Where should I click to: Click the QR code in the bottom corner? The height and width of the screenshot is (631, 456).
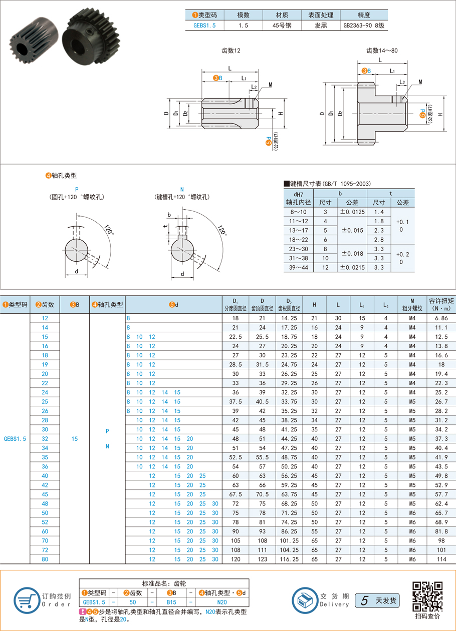[x=427, y=596]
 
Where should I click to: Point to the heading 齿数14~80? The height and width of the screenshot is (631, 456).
[x=382, y=51]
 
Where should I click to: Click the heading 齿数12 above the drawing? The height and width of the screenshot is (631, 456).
[x=231, y=51]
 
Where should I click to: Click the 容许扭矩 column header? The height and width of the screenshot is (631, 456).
[x=441, y=304]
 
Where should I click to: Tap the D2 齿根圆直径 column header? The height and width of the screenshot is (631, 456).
[x=290, y=304]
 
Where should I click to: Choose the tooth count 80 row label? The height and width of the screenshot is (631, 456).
[x=45, y=559]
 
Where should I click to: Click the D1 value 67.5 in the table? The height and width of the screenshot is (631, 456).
[x=236, y=494]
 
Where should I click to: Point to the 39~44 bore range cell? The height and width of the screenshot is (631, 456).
[x=299, y=267]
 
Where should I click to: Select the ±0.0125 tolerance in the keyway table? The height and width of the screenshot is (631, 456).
[x=352, y=212]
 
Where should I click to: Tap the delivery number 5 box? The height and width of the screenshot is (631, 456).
[x=365, y=600]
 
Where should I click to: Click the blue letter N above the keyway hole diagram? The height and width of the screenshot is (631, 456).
[x=181, y=189]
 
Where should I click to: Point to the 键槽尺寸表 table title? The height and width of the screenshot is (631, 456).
[x=328, y=183]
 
